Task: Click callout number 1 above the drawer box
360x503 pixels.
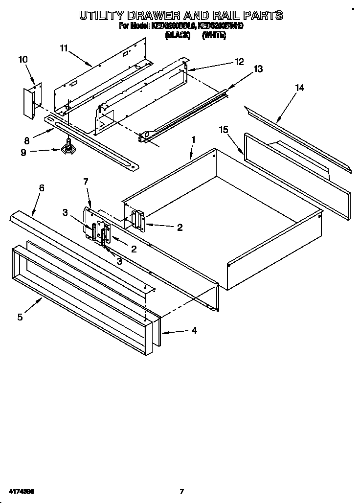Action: pos(193,139)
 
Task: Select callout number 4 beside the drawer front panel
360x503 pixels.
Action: pos(194,331)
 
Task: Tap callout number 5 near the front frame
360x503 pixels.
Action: pos(20,317)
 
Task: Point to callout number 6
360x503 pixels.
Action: pos(42,188)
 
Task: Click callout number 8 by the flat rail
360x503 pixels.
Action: pos(26,140)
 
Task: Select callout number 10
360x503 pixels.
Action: pos(22,60)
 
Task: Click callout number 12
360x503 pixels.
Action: pos(239,62)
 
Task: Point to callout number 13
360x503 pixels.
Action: pos(258,69)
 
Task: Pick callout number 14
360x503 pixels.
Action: pos(299,88)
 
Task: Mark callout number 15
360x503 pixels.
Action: pos(224,130)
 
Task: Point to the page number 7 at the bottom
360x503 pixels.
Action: pos(181,491)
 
